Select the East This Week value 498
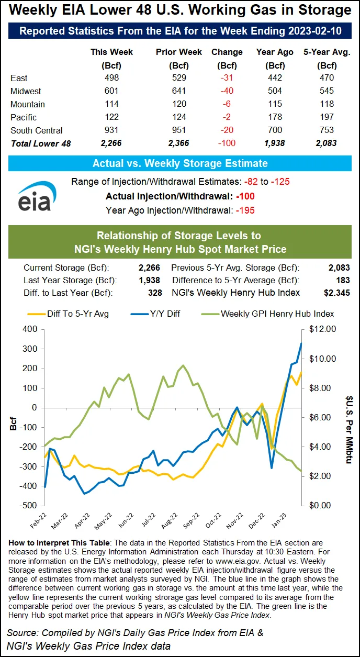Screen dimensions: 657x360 click(x=111, y=78)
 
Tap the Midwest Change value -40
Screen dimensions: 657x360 click(x=227, y=91)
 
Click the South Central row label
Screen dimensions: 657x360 click(x=36, y=130)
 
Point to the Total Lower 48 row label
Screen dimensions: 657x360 click(x=40, y=143)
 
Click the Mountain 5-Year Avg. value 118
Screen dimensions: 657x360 click(x=327, y=104)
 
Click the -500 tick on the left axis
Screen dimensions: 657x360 click(x=29, y=506)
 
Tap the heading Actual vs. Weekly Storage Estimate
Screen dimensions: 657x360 click(x=180, y=163)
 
